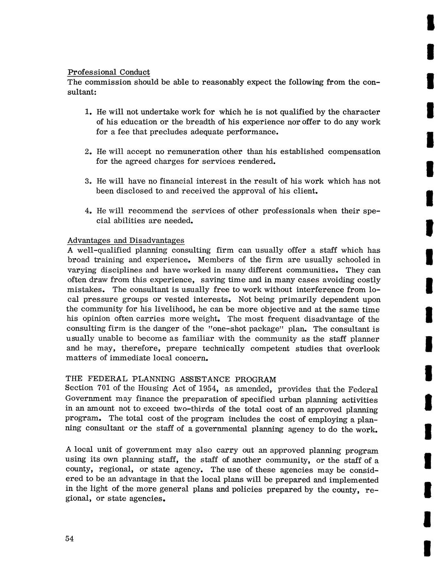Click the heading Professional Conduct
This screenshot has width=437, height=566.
(x=108, y=72)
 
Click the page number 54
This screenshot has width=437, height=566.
(x=69, y=539)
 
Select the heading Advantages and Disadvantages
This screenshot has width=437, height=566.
(x=126, y=240)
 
